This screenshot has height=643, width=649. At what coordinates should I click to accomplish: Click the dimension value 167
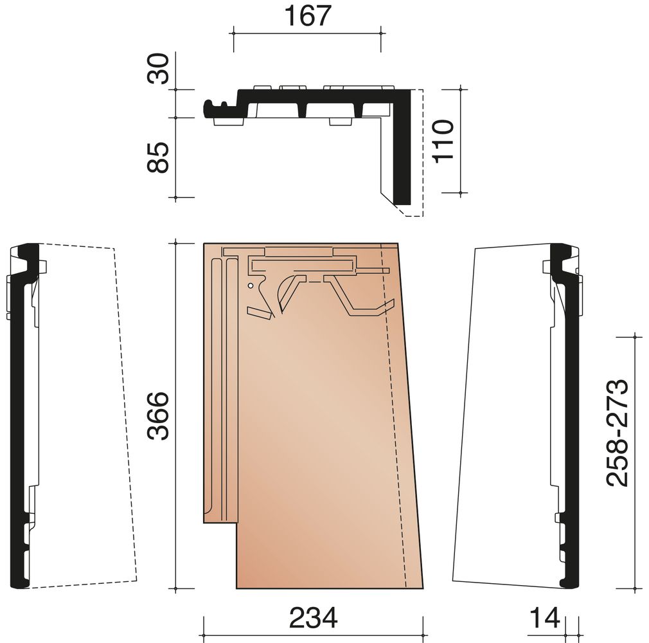pyautogui.click(x=308, y=15)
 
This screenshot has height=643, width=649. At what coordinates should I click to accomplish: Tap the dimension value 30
pyautogui.click(x=159, y=69)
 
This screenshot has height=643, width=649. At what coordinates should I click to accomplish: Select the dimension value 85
pyautogui.click(x=159, y=158)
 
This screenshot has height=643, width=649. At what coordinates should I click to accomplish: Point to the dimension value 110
pyautogui.click(x=443, y=141)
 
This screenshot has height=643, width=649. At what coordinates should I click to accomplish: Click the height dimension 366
pyautogui.click(x=159, y=416)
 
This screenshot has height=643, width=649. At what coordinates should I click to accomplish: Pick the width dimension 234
pyautogui.click(x=314, y=617)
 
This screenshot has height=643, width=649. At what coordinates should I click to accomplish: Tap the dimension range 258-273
pyautogui.click(x=618, y=432)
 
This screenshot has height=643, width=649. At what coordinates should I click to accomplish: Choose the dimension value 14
pyautogui.click(x=545, y=617)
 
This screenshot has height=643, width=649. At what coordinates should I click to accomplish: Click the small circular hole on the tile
pyautogui.click(x=250, y=285)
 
